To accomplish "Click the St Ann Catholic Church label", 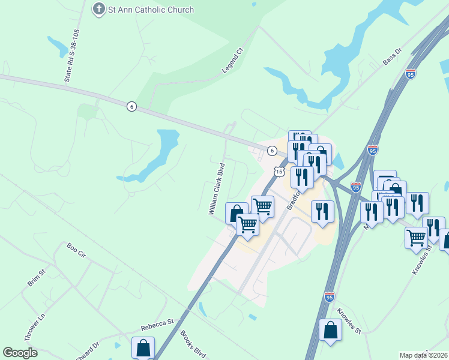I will coord(151,10).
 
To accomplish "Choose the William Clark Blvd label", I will coord(216,188).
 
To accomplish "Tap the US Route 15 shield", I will coord(279,172).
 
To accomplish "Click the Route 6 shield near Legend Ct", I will coord(131,106).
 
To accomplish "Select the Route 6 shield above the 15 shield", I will coord(272,151).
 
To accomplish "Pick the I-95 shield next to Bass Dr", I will coord(411,74).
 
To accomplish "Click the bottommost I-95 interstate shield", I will coord(329,296).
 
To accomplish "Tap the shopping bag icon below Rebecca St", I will coord(143,347).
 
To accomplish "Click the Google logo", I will coord(20,353).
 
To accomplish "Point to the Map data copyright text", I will coord(424,355).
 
